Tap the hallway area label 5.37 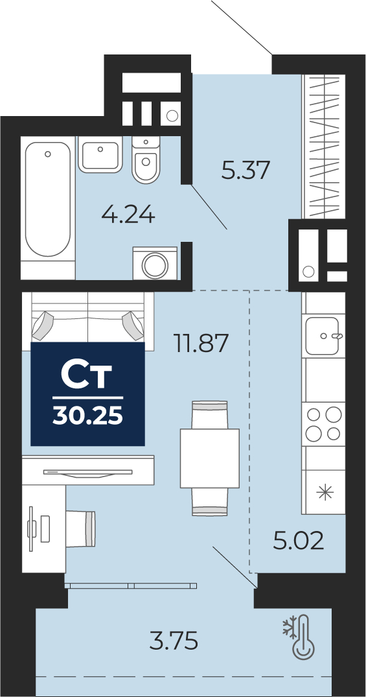(x=246, y=170)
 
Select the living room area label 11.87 (x=201, y=343)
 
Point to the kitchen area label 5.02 (x=299, y=541)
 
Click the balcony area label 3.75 (x=174, y=641)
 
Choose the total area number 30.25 (x=87, y=416)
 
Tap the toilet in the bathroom (x=146, y=160)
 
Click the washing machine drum (x=155, y=265)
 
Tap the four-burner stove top (x=323, y=424)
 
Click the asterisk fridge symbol (x=325, y=493)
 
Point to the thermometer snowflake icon (x=299, y=636)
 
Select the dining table (x=210, y=458)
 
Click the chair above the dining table (x=210, y=415)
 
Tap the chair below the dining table (x=210, y=501)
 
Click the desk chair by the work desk (x=81, y=528)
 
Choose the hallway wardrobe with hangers (x=325, y=147)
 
